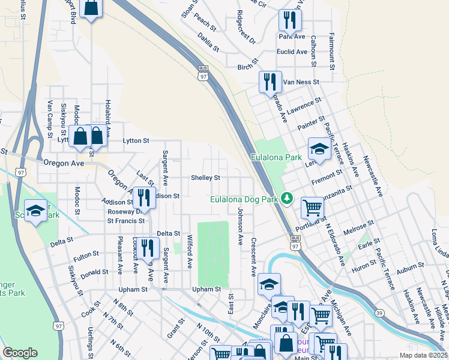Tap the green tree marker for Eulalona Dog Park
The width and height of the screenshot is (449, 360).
288,199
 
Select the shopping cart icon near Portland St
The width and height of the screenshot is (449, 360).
312,208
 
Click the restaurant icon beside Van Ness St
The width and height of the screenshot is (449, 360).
270,82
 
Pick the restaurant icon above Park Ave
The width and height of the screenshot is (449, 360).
289,20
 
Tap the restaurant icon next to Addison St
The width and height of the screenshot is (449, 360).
143,197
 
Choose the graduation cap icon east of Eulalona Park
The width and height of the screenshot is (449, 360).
319,149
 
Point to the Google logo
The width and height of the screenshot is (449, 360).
20,352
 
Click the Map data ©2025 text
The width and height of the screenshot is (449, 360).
423,355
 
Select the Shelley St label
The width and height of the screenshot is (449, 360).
206,178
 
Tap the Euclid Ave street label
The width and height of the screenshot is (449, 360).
292,52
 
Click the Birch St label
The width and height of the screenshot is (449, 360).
247,67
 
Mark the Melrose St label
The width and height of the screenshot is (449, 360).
358,226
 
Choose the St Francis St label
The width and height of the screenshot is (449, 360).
126,221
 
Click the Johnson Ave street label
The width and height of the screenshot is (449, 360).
240,227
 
